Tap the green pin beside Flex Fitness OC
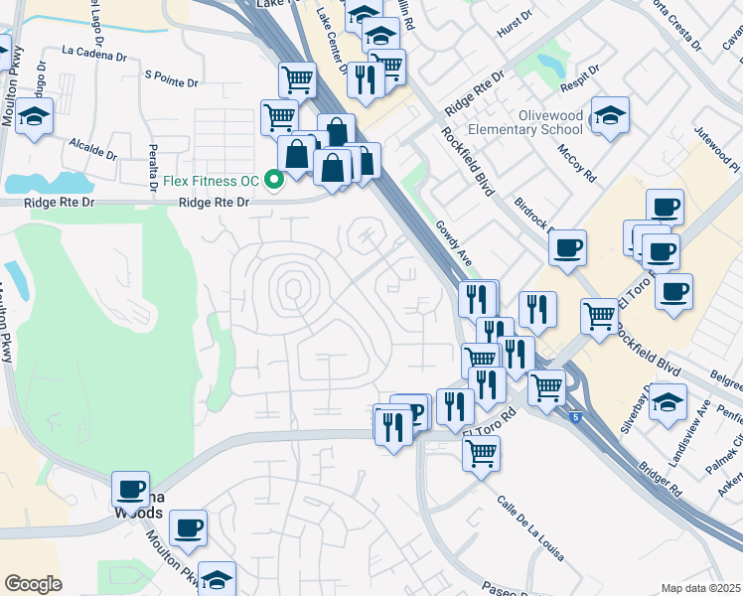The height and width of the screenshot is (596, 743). [273, 180]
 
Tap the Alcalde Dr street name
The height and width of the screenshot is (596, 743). [92, 149]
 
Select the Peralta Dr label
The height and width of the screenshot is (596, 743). [153, 170]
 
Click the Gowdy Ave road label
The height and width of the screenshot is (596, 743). [452, 241]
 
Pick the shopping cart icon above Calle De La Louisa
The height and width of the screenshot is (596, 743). [481, 453]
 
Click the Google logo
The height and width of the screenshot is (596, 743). [33, 584]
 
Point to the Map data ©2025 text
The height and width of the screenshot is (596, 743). [701, 588]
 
